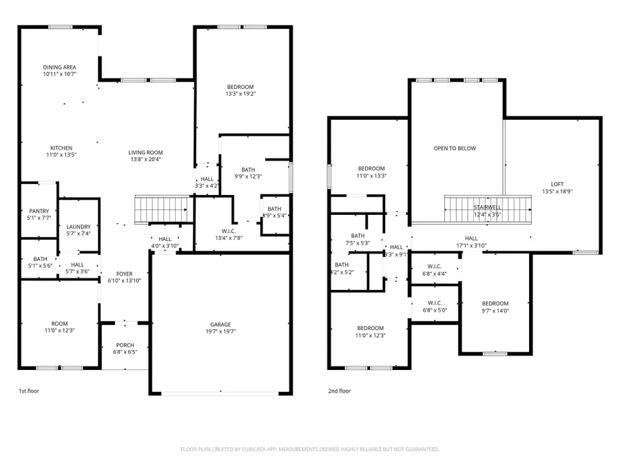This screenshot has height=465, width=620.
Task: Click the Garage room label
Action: pos(220,324)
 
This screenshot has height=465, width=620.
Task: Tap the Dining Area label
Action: pos(59,66)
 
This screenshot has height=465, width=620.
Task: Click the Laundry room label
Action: pos(79,227)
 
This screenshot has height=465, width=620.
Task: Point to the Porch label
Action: pos(125,345)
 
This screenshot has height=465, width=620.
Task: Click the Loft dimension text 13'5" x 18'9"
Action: pos(557,192)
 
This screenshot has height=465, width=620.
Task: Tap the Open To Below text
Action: pos(455,148)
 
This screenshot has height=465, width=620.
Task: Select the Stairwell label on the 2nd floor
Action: pos(486,207)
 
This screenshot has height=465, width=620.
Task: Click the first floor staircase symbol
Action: pos(162,209)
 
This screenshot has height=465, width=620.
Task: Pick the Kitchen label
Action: pos(61,148)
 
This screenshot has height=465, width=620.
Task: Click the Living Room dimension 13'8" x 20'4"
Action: pos(145,160)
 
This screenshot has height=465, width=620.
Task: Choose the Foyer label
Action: pos(125,273)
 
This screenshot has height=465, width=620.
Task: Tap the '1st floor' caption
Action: pos(29,391)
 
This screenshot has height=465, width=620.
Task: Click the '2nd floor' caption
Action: pos(339,391)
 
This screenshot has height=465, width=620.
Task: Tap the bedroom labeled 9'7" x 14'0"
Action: pos(495,307)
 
